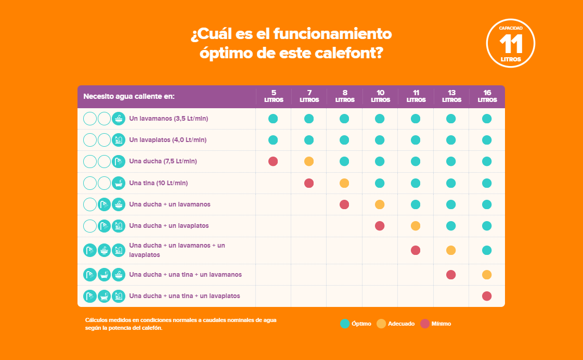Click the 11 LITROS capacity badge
coord(510,44)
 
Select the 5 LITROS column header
coord(274,96)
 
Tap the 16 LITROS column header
coord(487,96)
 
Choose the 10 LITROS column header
coord(380,96)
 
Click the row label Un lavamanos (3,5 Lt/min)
coord(169,119)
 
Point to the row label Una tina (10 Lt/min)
coord(158,183)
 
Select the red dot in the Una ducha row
coord(273,161)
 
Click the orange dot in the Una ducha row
coord(309,161)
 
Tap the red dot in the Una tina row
coord(309,183)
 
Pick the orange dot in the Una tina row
coord(344,183)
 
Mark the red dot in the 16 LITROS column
coord(487,296)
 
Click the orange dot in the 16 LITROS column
coord(487,275)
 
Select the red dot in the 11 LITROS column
coord(416,250)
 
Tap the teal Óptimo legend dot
coord(344,324)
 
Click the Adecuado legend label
coord(401,324)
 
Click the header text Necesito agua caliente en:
coord(129,97)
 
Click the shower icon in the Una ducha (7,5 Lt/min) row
coord(119,161)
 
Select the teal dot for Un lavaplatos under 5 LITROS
coord(273,140)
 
